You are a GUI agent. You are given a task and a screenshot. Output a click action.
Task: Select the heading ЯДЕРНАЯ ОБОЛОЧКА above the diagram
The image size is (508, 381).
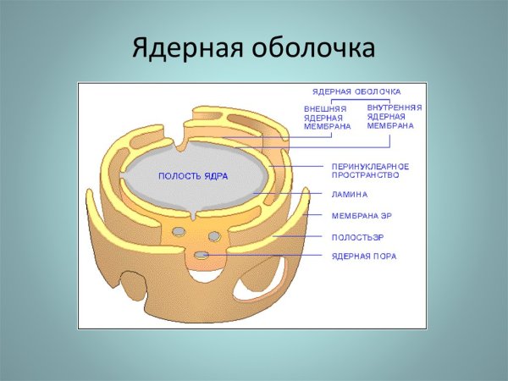(x=356, y=91)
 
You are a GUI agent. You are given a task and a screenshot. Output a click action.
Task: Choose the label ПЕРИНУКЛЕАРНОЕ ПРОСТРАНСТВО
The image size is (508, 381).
(x=365, y=169)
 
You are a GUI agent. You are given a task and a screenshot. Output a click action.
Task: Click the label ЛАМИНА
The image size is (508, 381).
(x=349, y=194)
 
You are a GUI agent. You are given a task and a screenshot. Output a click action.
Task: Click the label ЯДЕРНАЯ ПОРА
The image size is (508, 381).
(x=363, y=255)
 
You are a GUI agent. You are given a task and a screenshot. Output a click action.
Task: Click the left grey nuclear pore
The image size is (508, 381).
(x=179, y=231)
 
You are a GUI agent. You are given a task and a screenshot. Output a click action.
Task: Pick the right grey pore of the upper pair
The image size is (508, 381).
(x=214, y=235)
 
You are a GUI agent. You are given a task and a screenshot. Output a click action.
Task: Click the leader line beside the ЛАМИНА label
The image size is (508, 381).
(x=288, y=194)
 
